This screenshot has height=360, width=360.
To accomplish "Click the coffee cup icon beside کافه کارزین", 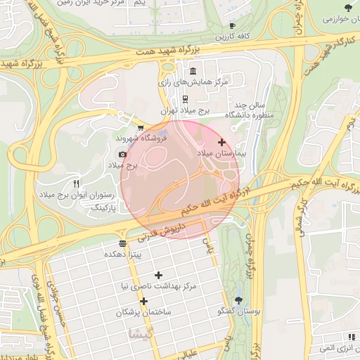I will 233,26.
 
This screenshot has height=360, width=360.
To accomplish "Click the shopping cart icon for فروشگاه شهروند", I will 141,128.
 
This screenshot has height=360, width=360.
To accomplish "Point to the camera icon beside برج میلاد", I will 122,154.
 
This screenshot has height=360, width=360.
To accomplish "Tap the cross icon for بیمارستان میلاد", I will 222,142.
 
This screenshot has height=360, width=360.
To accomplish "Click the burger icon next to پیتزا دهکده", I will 123,243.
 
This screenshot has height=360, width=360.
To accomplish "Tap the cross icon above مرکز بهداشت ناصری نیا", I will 157,275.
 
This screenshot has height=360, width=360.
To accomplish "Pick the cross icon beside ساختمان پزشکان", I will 143,301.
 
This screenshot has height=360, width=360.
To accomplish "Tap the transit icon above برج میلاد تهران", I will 185,99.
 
